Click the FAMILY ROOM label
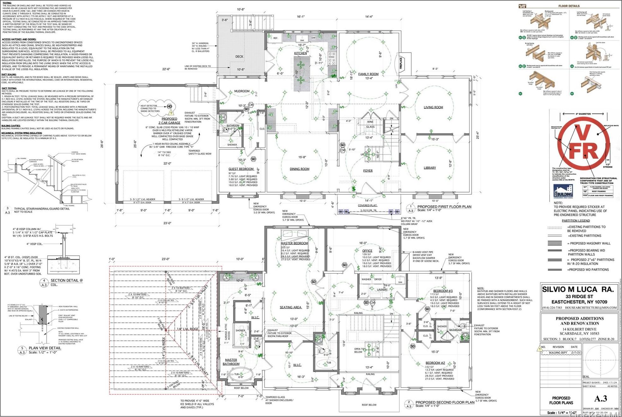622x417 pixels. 368,74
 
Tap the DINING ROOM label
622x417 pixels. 299,169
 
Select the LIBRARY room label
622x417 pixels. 430,168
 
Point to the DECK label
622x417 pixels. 239,57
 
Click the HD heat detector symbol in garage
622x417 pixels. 170,106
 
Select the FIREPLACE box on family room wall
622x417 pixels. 401,63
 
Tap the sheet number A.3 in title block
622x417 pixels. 601,398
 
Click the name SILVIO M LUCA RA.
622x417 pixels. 578,289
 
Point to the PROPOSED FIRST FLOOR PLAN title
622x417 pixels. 444,207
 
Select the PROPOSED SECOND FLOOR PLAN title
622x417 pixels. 444,402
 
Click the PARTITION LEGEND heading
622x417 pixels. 576,221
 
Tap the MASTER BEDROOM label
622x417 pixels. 294,243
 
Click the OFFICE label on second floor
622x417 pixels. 367,251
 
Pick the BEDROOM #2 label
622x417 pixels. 435,363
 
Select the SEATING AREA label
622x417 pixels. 290,307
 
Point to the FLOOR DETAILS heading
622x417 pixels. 569,6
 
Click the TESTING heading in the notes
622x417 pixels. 7,3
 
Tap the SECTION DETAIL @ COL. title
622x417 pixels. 67,280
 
